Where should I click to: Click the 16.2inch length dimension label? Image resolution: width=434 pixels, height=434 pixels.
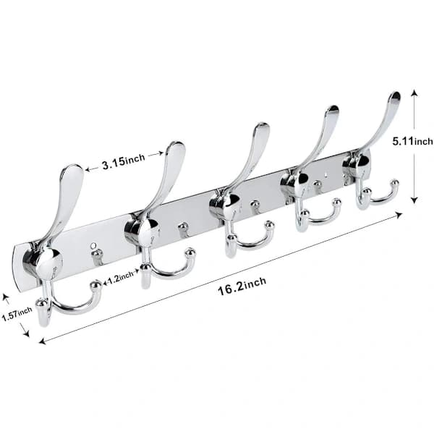pyautogui.click(x=242, y=286)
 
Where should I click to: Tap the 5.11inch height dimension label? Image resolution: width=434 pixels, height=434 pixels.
pyautogui.click(x=413, y=141)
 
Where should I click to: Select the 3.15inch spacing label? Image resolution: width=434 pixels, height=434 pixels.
pyautogui.click(x=124, y=161)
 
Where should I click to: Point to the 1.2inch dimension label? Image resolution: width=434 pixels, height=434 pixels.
pyautogui.click(x=120, y=278)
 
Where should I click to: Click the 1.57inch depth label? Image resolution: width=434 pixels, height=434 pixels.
pyautogui.click(x=17, y=314)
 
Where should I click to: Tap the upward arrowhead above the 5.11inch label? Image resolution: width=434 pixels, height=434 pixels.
pyautogui.click(x=414, y=93)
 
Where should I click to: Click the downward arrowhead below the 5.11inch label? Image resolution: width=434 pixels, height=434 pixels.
pyautogui.click(x=414, y=200)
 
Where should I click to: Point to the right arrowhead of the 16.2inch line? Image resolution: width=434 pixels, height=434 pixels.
pyautogui.click(x=399, y=215)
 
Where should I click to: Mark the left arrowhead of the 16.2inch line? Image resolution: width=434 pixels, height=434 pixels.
pyautogui.click(x=43, y=341)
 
